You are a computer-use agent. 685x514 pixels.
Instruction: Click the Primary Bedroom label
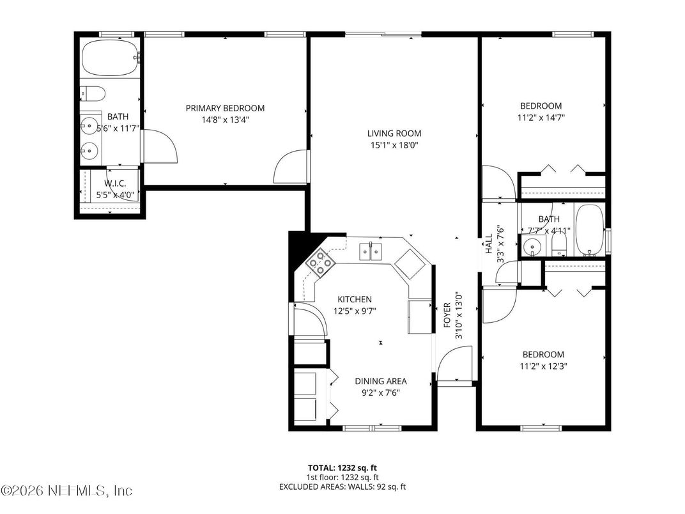coord(225,108)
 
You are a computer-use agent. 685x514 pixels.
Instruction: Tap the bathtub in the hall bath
coord(590,230)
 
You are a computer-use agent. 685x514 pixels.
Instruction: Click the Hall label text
coord(488,243)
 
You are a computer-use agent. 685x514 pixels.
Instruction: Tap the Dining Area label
coord(381,382)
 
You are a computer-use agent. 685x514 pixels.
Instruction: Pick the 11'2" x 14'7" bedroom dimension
coord(541,118)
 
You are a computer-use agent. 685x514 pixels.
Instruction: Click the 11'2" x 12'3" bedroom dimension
coord(543,366)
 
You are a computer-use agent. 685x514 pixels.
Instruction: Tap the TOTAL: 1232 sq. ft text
coord(342,468)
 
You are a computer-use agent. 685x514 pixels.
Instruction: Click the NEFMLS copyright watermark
coord(66,491)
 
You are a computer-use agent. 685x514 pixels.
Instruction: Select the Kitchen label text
coord(355,299)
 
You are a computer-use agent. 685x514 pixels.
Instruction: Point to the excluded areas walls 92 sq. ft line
coord(342,487)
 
